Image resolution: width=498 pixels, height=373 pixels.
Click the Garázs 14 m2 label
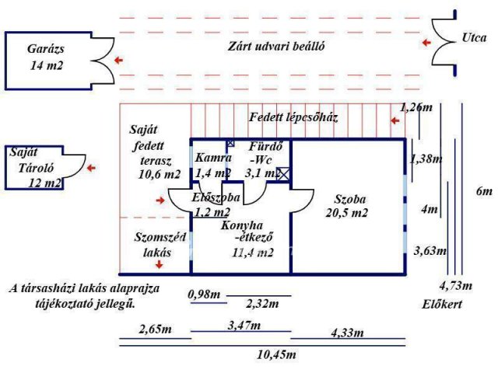tap(45, 56)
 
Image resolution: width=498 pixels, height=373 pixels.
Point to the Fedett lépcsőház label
tap(293, 117)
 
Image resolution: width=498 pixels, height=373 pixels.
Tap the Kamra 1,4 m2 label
tap(213, 165)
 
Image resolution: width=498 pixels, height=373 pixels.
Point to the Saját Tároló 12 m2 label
tap(34, 169)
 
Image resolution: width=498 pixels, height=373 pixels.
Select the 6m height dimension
tap(484, 191)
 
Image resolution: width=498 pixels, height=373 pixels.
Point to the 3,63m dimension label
tap(430, 250)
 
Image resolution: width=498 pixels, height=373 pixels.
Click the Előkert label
tap(443, 304)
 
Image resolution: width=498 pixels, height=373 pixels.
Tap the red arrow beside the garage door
tap(117, 60)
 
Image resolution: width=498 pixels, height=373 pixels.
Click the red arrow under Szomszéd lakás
tap(160, 265)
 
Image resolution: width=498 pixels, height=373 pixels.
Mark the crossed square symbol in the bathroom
tap(284, 174)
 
